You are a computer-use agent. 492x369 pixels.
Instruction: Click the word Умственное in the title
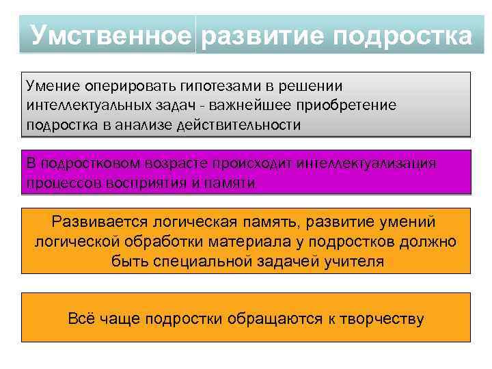(x=110, y=35)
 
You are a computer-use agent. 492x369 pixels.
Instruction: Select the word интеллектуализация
(x=370, y=164)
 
